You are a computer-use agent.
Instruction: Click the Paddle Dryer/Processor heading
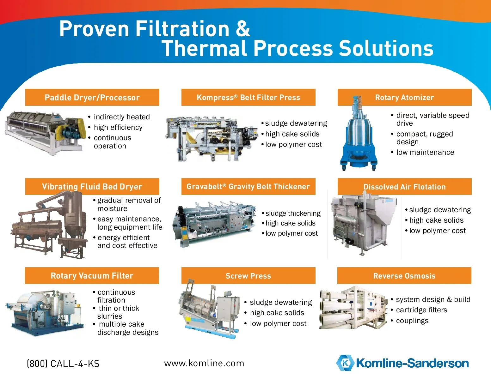[x=92, y=98]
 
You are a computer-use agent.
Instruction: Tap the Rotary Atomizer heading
[x=404, y=97]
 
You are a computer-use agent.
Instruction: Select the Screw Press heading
[x=248, y=276]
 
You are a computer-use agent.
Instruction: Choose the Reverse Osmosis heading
[x=404, y=276]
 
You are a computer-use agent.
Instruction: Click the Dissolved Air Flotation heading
[x=404, y=187]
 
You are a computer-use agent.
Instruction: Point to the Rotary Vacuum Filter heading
[x=92, y=276]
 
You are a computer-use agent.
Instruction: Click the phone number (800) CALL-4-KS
[x=63, y=364]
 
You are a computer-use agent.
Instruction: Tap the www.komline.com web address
[x=204, y=364]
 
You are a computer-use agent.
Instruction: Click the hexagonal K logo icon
[x=345, y=363]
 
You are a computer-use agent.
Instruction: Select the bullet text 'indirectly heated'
[x=122, y=117]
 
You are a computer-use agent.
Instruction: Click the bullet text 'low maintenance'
[x=425, y=152]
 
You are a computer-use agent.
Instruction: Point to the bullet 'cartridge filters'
[x=422, y=310]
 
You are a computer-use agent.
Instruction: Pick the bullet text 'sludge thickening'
[x=293, y=213]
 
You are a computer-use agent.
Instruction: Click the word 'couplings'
[x=412, y=321]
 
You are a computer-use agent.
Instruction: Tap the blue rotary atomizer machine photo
[x=359, y=133]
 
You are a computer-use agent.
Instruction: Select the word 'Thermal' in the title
[x=204, y=48]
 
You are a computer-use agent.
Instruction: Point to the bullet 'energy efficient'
[x=124, y=238]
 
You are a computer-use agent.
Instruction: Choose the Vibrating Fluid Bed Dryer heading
[x=92, y=187]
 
